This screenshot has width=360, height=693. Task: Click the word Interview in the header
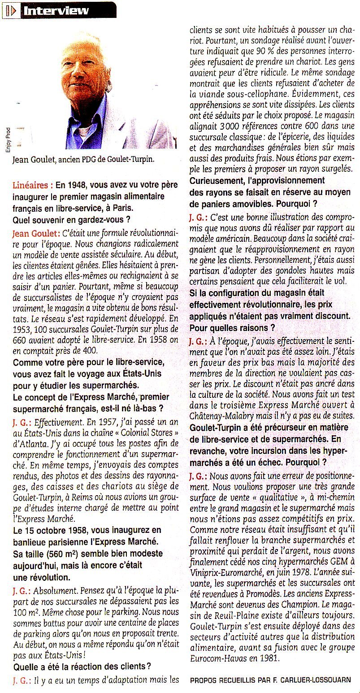[x=56, y=10]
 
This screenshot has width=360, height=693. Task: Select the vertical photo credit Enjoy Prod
[x=8, y=139]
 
